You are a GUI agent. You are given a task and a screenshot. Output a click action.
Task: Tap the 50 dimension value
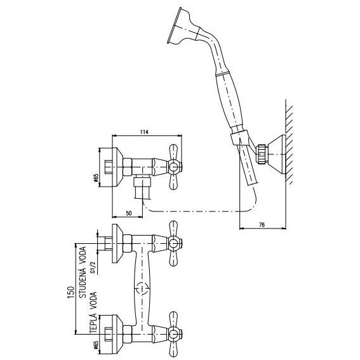tap(129, 213)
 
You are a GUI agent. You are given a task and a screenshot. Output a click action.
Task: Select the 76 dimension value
tap(262, 225)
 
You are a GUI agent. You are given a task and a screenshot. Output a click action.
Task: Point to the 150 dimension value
tap(71, 292)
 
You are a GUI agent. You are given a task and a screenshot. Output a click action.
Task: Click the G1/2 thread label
tap(93, 267)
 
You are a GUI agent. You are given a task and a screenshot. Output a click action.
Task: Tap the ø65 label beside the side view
tap(96, 178)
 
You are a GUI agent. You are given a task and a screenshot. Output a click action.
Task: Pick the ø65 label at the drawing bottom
tap(96, 345)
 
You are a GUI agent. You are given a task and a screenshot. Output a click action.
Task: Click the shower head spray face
tap(174, 25)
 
